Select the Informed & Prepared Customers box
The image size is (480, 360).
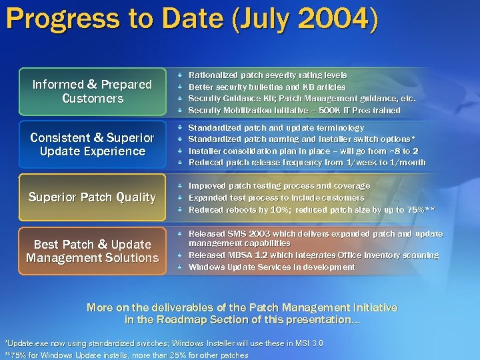(x=93, y=91)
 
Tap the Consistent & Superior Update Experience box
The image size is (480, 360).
(x=93, y=144)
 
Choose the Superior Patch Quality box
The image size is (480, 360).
(x=93, y=197)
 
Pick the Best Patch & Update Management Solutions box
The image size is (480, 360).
(x=93, y=251)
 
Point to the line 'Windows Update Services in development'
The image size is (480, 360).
(x=271, y=267)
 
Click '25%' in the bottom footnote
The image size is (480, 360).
(x=175, y=355)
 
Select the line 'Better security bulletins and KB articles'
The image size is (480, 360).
(x=267, y=87)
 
